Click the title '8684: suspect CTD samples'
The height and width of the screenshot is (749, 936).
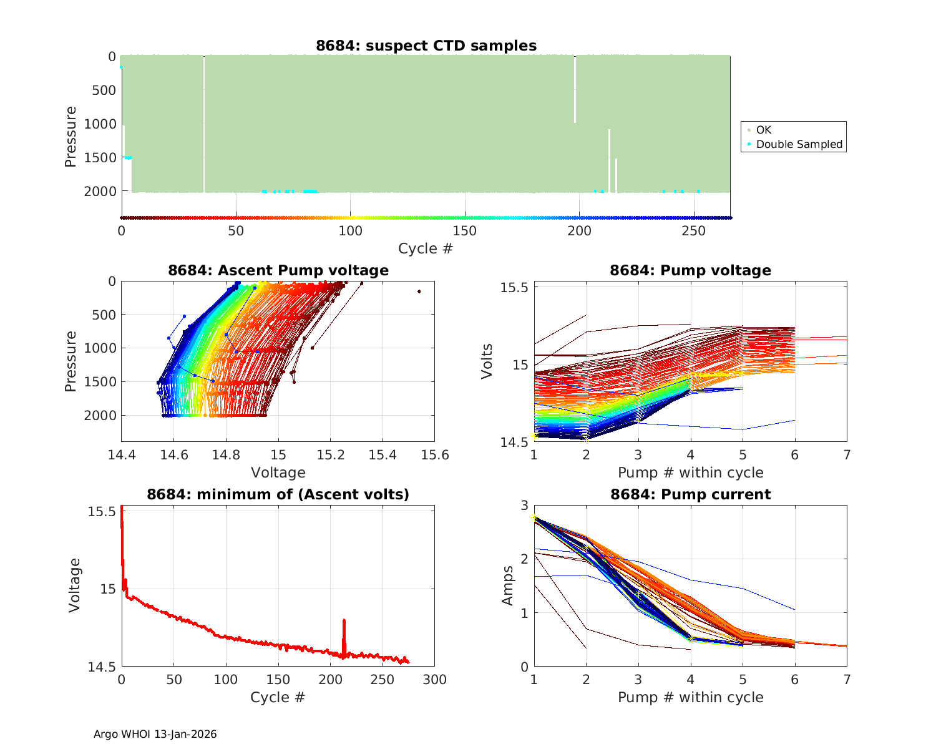click(x=426, y=46)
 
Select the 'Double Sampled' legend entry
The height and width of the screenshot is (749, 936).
click(x=799, y=144)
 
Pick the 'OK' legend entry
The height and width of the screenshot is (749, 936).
click(x=763, y=130)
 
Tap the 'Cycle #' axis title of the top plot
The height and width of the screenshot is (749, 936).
click(x=426, y=248)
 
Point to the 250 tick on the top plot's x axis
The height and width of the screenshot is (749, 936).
click(x=694, y=231)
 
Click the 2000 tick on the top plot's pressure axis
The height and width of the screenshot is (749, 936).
click(x=100, y=191)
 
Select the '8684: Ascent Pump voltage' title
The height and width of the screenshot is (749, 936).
click(x=278, y=270)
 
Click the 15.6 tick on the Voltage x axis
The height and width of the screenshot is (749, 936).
click(x=435, y=454)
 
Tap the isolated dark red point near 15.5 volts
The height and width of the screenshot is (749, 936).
click(x=419, y=291)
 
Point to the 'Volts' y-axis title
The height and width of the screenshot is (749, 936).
click(x=487, y=361)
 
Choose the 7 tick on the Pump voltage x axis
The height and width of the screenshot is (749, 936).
click(x=847, y=455)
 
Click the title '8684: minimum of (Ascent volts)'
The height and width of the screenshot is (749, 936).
click(x=278, y=494)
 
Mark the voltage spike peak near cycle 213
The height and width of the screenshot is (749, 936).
click(x=344, y=620)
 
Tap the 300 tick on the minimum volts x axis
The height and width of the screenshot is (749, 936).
click(x=435, y=679)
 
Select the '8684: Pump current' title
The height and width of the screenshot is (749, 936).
click(x=691, y=494)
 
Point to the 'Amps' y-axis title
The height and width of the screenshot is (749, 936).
click(x=508, y=585)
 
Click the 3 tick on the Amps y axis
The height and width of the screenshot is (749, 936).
click(x=524, y=505)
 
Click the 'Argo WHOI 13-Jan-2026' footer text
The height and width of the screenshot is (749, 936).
click(x=155, y=734)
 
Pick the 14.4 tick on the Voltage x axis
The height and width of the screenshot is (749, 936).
click(x=122, y=454)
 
